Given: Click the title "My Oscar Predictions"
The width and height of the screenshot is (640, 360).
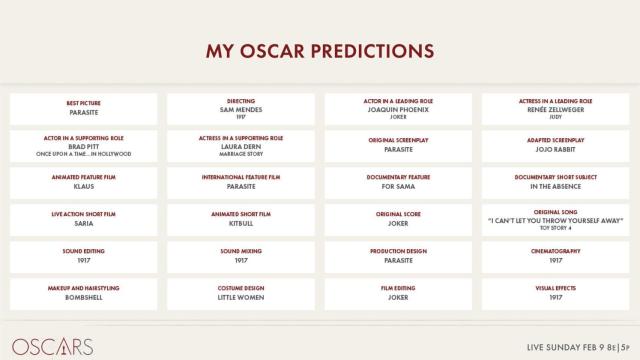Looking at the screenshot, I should pos(320,50).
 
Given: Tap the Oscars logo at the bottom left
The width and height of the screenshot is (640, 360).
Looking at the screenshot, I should pos(52,346).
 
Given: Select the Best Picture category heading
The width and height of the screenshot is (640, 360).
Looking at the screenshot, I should pos(83,102).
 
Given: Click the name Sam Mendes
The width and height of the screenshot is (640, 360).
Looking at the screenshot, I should pos(241,109).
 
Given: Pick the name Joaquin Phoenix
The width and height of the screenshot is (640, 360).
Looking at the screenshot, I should pos(398,109).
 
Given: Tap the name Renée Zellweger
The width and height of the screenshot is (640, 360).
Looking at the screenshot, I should pos(556,109).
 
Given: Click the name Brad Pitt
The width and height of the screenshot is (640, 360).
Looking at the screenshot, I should pos(83,146).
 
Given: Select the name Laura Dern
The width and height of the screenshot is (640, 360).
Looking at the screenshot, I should pos(241,146).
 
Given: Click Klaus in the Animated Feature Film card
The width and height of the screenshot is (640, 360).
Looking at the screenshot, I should pos(83,186).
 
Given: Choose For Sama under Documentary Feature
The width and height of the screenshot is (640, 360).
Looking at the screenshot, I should pos(398,186).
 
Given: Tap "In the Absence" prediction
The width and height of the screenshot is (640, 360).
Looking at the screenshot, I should pos(556,186).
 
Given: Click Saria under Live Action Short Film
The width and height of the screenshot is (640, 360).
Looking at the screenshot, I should pos(83,223).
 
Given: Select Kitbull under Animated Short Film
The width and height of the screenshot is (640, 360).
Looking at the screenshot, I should pos(241,223).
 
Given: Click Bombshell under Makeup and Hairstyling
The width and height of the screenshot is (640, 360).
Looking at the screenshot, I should pos(83,297).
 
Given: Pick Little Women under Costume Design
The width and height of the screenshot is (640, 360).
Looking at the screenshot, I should pos(241,297).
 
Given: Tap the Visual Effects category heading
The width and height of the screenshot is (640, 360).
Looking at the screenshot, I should pos(556,288).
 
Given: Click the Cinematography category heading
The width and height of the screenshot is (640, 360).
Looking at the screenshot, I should pos(556,251).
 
